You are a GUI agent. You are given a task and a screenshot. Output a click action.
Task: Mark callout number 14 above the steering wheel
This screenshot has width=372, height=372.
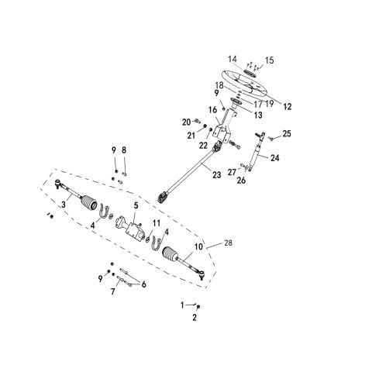tap(232, 60)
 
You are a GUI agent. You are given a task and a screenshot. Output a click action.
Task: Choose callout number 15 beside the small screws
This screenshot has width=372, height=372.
tap(269, 60)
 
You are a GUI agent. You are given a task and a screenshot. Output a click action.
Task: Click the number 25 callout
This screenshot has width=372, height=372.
tap(287, 135)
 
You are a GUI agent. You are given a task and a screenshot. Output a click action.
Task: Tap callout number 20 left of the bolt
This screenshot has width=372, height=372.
tap(185, 122)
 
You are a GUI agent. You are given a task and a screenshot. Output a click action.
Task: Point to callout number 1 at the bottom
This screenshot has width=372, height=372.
tap(183, 304)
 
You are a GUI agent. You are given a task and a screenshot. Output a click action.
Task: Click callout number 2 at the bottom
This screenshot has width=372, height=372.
tap(195, 318)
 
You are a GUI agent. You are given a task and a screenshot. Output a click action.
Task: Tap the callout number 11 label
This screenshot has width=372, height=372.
tap(156, 224)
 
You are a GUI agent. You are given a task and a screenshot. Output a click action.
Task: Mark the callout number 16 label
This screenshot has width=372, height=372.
tap(212, 110)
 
